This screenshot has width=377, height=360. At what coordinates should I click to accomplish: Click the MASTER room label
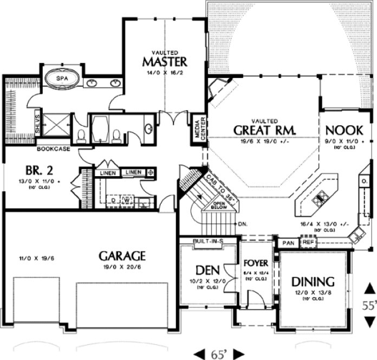165,61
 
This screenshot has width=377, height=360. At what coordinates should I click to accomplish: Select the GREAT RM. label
264,131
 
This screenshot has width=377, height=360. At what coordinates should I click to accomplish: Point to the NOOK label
340,131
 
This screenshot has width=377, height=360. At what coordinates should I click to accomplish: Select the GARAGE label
121,255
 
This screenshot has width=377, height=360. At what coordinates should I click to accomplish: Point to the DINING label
313,281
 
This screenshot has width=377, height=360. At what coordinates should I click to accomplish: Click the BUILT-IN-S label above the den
208,240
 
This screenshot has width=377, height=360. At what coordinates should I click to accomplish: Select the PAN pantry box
288,243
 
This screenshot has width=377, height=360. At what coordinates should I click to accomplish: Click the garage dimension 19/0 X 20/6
121,267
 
